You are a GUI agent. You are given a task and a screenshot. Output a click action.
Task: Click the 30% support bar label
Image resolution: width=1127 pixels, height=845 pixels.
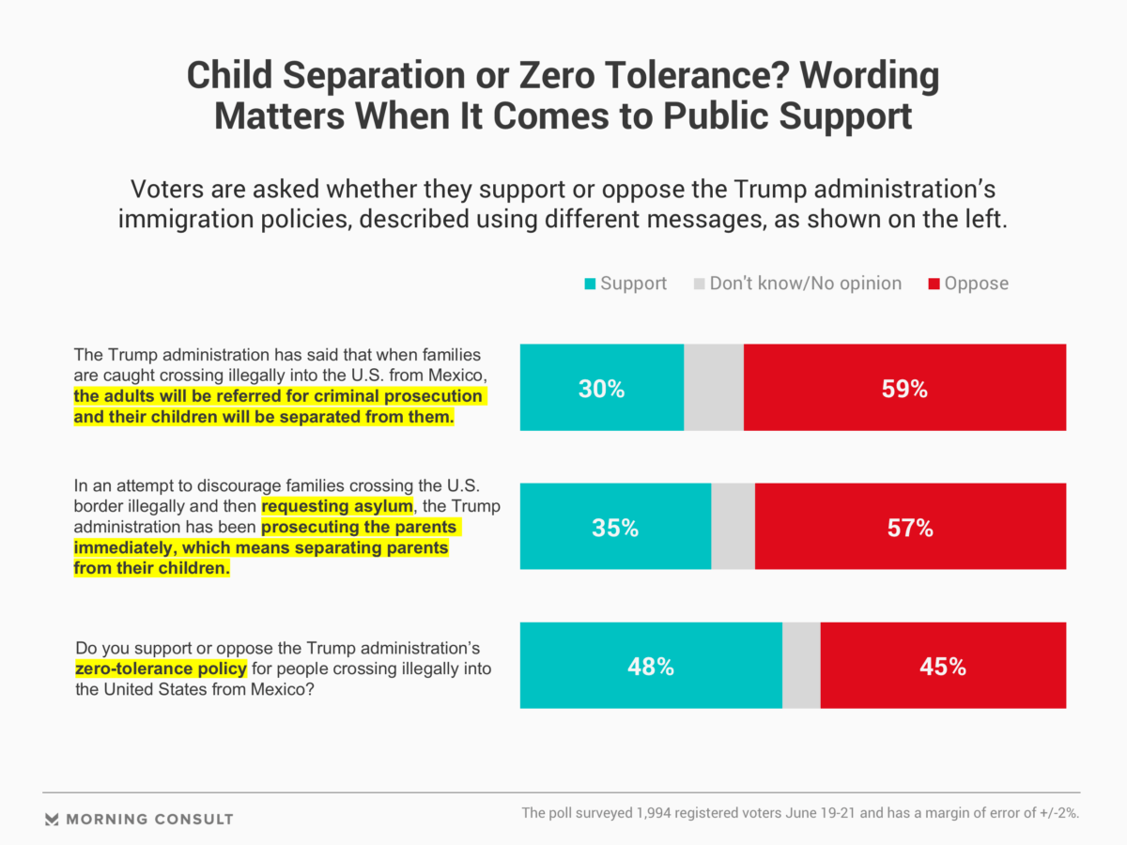coord(601,389)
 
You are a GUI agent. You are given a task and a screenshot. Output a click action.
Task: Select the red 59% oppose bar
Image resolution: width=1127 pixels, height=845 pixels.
coord(904,389)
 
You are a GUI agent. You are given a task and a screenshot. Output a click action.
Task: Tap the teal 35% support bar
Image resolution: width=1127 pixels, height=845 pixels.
coord(615,528)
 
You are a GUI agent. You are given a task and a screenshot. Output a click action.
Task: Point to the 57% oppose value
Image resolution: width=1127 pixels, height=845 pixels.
coord(910,528)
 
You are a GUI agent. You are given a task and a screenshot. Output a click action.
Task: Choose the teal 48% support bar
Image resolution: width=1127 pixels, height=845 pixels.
coord(651,667)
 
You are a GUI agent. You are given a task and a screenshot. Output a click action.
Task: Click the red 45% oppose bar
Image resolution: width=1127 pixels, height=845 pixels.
coord(943,667)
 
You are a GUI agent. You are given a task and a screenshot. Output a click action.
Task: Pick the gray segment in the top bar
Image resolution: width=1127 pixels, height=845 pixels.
coord(714,388)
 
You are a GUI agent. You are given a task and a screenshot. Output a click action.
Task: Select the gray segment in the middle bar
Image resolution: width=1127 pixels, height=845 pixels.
coord(733,527)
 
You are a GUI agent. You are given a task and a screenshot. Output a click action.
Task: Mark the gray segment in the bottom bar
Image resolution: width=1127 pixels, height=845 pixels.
coord(801,666)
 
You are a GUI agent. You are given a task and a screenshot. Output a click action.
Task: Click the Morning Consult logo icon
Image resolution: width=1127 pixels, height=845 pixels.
coord(53,819)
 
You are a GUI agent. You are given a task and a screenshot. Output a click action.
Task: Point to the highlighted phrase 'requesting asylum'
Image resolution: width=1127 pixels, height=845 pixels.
coord(337,507)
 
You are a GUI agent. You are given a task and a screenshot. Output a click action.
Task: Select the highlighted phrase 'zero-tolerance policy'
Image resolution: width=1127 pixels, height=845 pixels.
coord(161,668)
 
